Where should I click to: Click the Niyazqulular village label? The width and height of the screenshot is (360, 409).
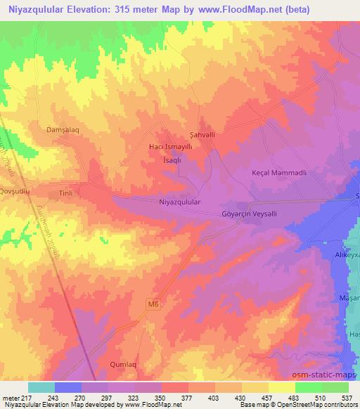(181, 202)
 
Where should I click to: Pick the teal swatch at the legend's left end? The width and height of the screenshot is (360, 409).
(41, 387)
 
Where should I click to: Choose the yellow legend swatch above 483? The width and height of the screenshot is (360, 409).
(281, 387)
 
